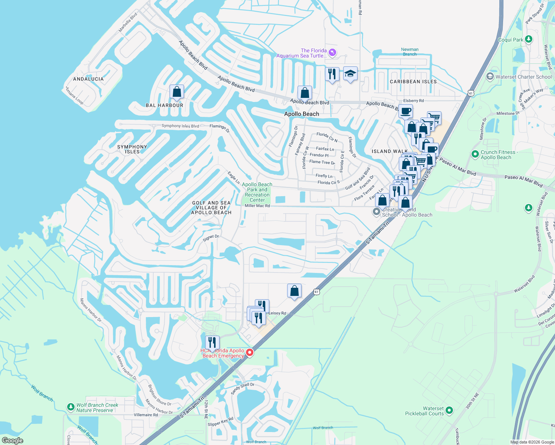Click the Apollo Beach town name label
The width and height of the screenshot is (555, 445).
click(x=302, y=114)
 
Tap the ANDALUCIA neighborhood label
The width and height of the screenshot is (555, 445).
click(x=88, y=79)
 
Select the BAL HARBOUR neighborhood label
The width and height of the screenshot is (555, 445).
click(x=164, y=105)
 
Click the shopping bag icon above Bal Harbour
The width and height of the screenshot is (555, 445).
click(x=177, y=92)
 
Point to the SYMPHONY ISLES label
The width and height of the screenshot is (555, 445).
click(x=132, y=149)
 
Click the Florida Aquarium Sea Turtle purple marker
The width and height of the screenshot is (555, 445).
click(x=332, y=53)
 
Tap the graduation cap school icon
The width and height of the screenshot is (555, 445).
click(x=350, y=74)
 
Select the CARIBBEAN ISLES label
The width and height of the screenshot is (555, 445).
click(x=413, y=82)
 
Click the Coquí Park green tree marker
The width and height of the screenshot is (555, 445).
click(x=529, y=39)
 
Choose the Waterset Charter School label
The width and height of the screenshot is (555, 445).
click(x=523, y=77)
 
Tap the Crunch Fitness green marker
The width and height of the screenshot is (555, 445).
click(x=475, y=154)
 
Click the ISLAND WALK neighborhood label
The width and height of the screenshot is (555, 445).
click(x=390, y=151)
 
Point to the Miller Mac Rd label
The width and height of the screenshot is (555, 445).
click(x=257, y=206)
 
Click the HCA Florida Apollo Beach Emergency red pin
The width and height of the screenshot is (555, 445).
click(x=250, y=352)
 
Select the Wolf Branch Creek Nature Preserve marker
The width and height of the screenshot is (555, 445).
click(x=71, y=407)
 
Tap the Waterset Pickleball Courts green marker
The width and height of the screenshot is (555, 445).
click(x=449, y=410)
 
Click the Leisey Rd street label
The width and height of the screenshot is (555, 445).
click(x=277, y=313)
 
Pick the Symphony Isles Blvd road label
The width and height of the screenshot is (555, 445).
click(x=180, y=126)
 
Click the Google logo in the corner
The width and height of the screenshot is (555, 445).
click(x=12, y=441)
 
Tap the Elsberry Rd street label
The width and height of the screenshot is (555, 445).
click(x=413, y=101)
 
